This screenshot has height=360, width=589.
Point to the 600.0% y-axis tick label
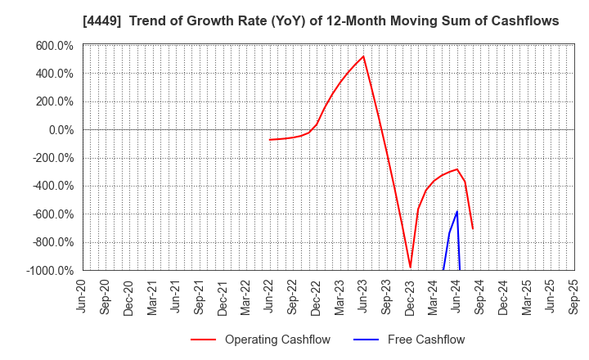click(54, 46)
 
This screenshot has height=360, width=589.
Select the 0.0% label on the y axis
click(60, 130)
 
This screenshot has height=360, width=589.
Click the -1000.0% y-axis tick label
click(49, 270)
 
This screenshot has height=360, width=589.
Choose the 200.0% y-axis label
click(54, 101)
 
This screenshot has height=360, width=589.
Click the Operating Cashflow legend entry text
click(277, 340)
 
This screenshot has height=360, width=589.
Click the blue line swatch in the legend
click(366, 340)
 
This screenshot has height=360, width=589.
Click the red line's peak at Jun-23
click(363, 56)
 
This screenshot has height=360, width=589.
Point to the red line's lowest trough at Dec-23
click(410, 267)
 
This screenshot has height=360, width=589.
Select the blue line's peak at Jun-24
click(456, 212)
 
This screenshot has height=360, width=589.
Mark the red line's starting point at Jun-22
click(270, 140)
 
